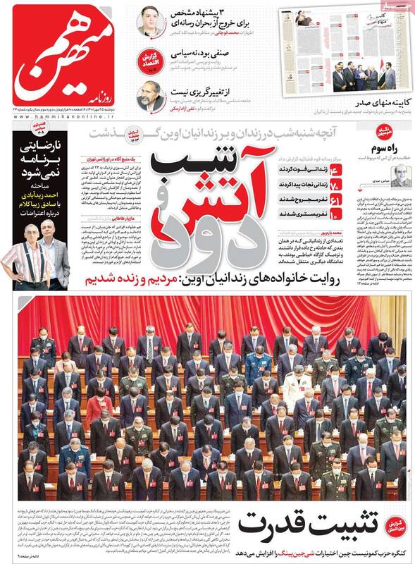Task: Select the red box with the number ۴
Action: click(355, 171)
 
